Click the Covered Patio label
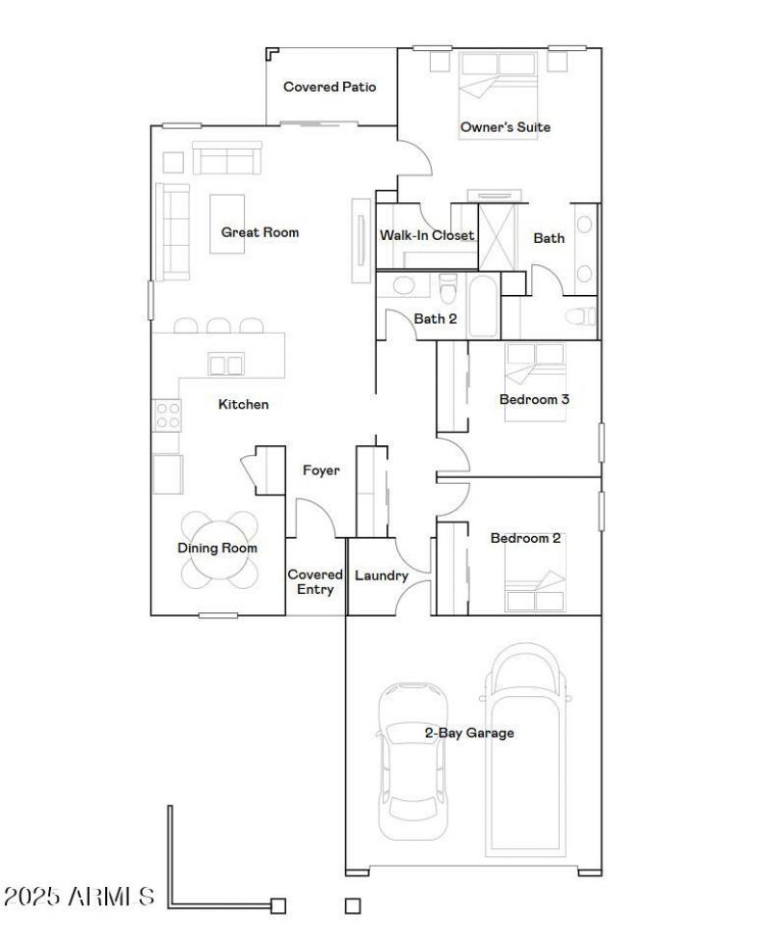[x=330, y=87]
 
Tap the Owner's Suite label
[x=505, y=127]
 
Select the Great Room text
[x=259, y=232]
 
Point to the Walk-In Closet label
[x=427, y=235]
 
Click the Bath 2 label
[x=435, y=319]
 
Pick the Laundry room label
[x=382, y=576]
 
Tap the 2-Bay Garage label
[x=469, y=733]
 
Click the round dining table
[x=220, y=549]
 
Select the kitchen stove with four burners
[x=167, y=415]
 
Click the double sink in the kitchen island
[x=226, y=364]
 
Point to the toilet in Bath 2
[x=447, y=287]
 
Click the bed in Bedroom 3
[x=535, y=382]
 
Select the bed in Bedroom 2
[x=535, y=573]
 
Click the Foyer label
[x=321, y=470]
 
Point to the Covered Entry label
[x=315, y=582]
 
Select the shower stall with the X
[x=496, y=237]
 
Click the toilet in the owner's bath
[x=581, y=316]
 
